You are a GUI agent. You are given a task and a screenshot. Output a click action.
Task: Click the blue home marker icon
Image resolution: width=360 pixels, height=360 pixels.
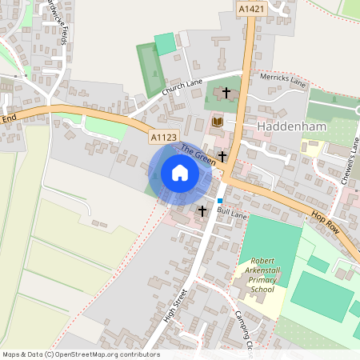pyautogui.click(x=180, y=173)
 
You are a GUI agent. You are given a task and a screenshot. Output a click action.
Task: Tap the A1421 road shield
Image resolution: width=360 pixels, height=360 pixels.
pyautogui.click(x=251, y=8)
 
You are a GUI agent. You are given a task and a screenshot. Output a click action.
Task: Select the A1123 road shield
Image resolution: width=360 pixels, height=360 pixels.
pyautogui.click(x=163, y=138)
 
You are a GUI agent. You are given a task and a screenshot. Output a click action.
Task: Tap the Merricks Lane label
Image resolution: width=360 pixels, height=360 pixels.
pyautogui.click(x=284, y=81)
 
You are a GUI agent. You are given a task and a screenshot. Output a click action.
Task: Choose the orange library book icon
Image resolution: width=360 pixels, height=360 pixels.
pyautogui.click(x=217, y=122)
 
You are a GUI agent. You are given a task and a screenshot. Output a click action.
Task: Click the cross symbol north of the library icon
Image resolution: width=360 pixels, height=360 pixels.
pyautogui.click(x=226, y=93)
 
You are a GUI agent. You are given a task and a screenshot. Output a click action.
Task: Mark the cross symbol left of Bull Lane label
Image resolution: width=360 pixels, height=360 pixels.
pyautogui.click(x=202, y=211)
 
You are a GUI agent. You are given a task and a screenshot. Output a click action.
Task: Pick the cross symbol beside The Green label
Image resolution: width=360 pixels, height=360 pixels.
pyautogui.click(x=222, y=155)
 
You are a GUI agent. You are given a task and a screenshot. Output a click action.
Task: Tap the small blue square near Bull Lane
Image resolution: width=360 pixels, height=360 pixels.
pyautogui.click(x=220, y=199)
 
